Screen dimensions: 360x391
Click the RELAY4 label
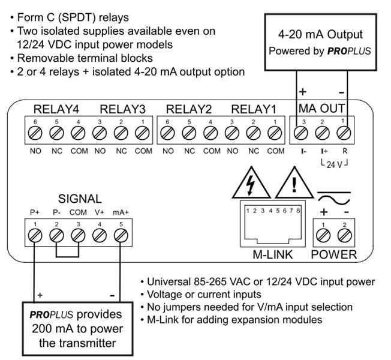tap(56, 109)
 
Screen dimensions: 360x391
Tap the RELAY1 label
tap(254, 109)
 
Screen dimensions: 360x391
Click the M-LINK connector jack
tap(272, 223)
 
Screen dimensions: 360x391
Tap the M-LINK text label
tap(272, 255)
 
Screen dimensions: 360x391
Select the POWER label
tap(334, 255)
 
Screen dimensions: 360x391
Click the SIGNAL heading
tap(80, 199)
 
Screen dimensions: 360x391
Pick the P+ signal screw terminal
tap(36, 235)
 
